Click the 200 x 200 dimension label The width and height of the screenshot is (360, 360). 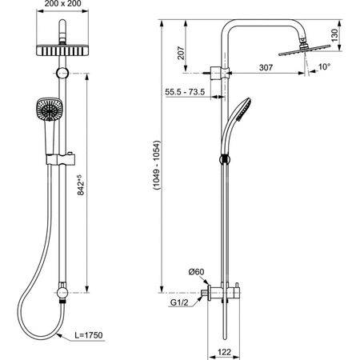(x=62, y=4)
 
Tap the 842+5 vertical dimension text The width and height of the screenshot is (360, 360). (x=80, y=185)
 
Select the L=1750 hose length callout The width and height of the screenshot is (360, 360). (x=88, y=335)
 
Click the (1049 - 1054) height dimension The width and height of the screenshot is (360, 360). (x=157, y=165)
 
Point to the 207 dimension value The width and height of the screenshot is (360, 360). (x=181, y=53)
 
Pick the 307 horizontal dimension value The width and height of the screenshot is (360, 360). (x=266, y=67)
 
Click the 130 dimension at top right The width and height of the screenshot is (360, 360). (x=334, y=35)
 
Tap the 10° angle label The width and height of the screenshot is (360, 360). (x=324, y=66)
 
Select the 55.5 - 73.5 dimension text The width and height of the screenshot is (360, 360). (x=185, y=92)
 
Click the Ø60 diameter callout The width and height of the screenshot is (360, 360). (x=196, y=272)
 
